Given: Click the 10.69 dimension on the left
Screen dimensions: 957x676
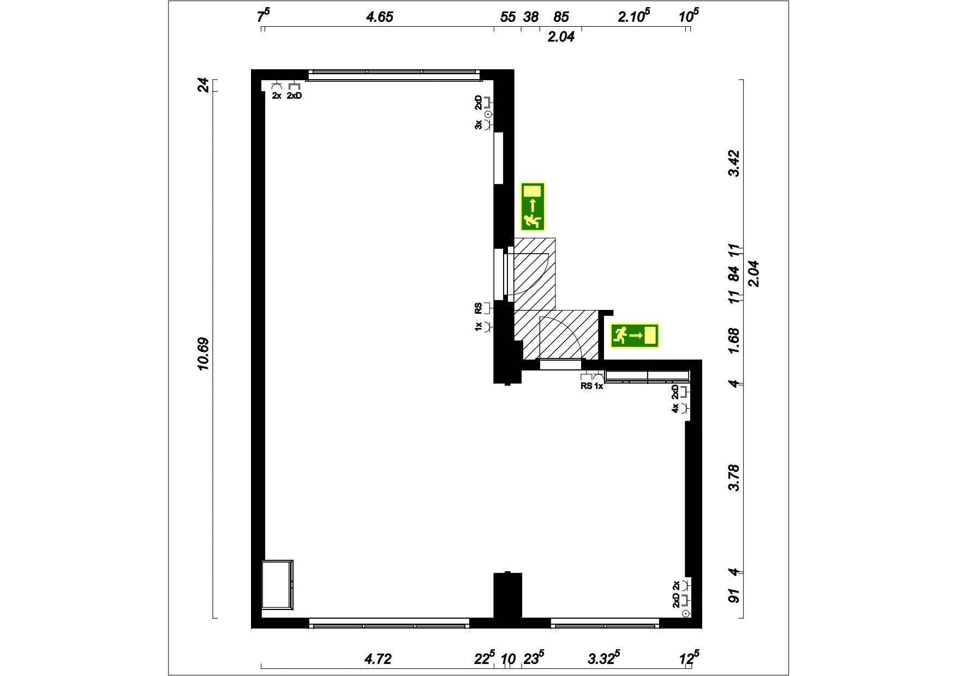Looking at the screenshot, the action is pyautogui.click(x=204, y=354).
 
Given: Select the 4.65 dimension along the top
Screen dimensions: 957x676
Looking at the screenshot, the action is pyautogui.click(x=379, y=17).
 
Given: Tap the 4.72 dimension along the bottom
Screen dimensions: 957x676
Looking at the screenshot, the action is pyautogui.click(x=378, y=659).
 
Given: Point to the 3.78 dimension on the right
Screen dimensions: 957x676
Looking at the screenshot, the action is pyautogui.click(x=734, y=477).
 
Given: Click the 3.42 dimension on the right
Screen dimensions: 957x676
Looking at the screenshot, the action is pyautogui.click(x=734, y=163).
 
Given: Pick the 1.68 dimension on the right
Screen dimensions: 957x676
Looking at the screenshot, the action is pyautogui.click(x=734, y=341).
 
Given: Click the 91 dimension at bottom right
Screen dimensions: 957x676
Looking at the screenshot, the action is pyautogui.click(x=734, y=595).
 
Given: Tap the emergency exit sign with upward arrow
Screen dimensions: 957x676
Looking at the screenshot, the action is pyautogui.click(x=533, y=207).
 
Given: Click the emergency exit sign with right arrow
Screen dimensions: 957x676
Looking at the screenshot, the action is pyautogui.click(x=635, y=336).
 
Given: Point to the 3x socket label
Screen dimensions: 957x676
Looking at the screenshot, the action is pyautogui.click(x=478, y=125).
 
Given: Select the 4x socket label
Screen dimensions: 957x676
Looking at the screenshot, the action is pyautogui.click(x=675, y=408).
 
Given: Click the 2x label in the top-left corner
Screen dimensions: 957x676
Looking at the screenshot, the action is pyautogui.click(x=277, y=96).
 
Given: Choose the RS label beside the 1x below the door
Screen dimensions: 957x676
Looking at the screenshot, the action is pyautogui.click(x=587, y=386).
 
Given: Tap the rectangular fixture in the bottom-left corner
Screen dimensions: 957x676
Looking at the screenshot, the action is pyautogui.click(x=277, y=584).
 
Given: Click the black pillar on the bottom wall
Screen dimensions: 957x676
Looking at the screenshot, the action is pyautogui.click(x=508, y=596).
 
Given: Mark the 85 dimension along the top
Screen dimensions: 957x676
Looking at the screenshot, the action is pyautogui.click(x=561, y=17).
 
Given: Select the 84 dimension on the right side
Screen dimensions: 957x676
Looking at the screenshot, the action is pyautogui.click(x=734, y=273).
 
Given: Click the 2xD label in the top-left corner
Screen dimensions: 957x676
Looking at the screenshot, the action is pyautogui.click(x=294, y=96).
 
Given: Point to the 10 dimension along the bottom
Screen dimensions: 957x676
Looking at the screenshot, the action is pyautogui.click(x=508, y=659).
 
